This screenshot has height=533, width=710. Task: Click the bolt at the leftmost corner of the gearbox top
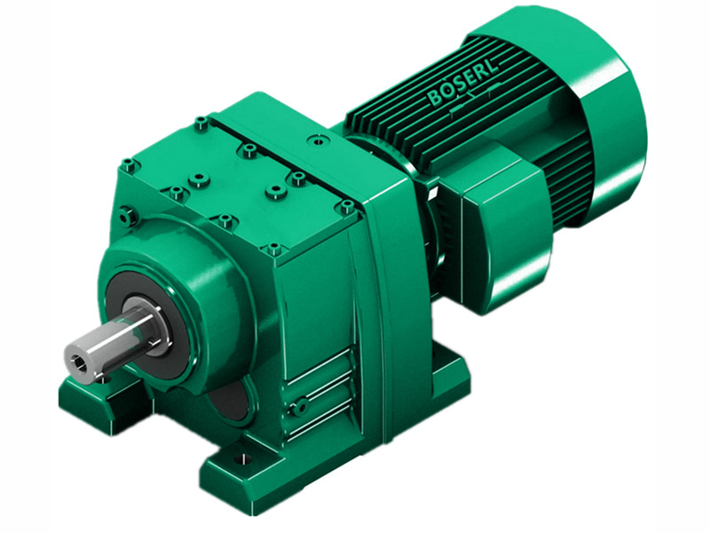click(x=130, y=164)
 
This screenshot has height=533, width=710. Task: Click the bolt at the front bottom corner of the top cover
click(x=273, y=250)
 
